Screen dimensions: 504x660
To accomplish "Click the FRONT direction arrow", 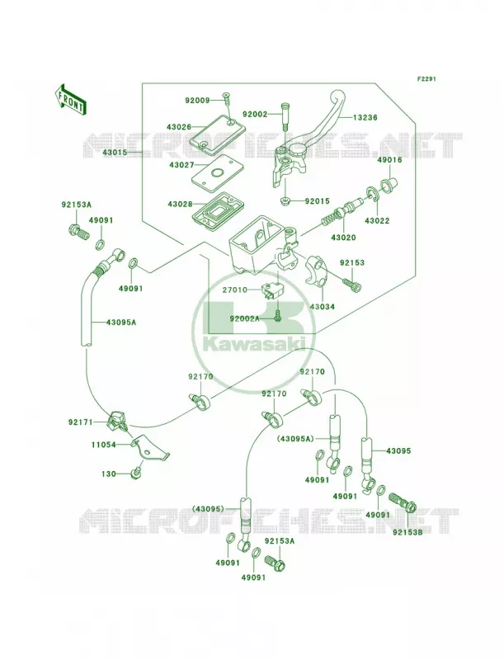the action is (x=71, y=99).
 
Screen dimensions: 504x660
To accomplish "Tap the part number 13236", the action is (x=365, y=117).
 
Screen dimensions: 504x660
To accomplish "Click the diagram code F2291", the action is (x=426, y=78).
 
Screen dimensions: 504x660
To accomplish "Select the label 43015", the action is (x=115, y=153).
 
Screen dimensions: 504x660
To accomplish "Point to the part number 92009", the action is (x=197, y=100).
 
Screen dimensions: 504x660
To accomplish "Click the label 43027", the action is (x=181, y=166).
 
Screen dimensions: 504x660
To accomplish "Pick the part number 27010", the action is (x=234, y=290).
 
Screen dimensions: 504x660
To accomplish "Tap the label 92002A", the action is (x=245, y=318).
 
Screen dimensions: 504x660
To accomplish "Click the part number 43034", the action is (x=323, y=307).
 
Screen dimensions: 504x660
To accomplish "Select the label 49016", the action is (x=389, y=160).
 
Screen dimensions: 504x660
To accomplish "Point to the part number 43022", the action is (x=377, y=220).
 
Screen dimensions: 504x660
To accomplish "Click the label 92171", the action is (x=80, y=422).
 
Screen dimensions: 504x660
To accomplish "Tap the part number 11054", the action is (x=103, y=444).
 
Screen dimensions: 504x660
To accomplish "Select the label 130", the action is (x=109, y=474).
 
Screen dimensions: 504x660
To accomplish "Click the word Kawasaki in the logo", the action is (x=254, y=344).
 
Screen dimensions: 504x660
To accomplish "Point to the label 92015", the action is (x=318, y=201).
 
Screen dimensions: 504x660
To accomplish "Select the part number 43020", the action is (x=343, y=238).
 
